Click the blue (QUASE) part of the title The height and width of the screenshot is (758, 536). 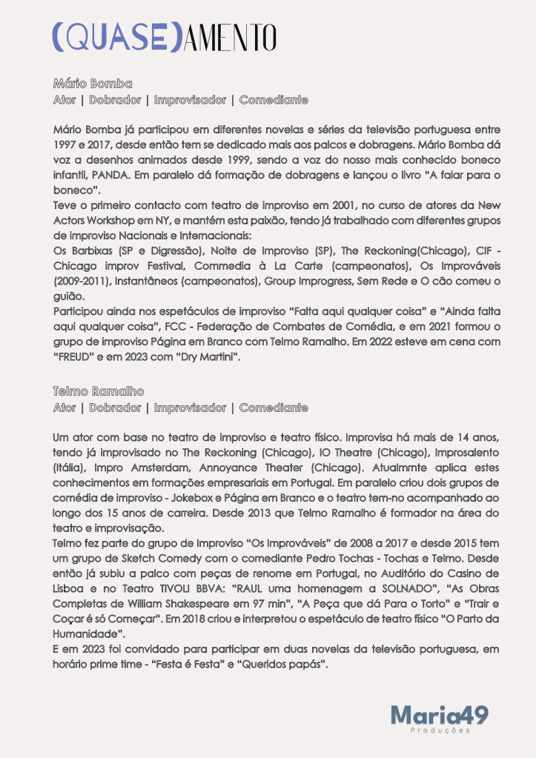tap(116, 37)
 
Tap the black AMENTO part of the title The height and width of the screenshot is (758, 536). tap(229, 37)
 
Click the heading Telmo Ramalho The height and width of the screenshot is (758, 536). tap(99, 390)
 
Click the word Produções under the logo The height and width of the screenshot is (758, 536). tap(440, 731)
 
